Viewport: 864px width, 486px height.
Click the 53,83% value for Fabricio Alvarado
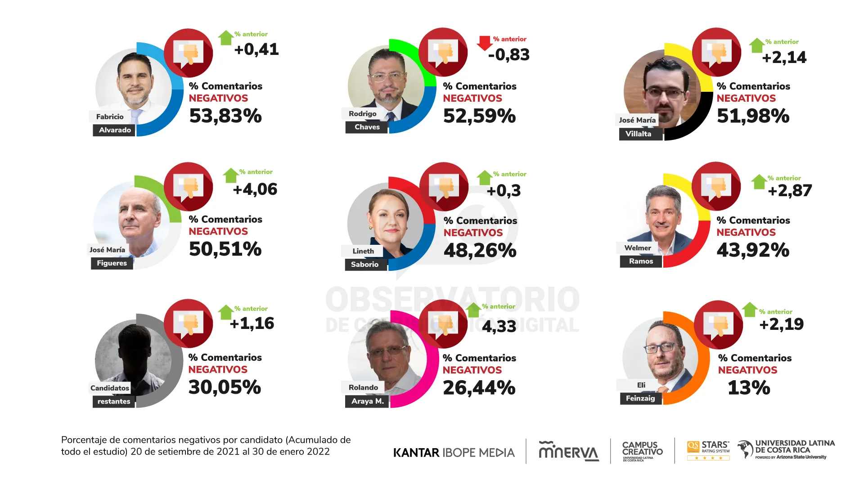[225, 116]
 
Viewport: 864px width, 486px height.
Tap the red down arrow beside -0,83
[484, 43]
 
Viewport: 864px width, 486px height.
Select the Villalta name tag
[638, 134]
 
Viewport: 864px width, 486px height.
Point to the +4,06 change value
[255, 189]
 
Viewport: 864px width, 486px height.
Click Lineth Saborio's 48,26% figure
[480, 251]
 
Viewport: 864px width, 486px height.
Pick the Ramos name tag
[641, 261]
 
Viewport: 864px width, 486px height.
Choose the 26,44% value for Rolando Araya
[479, 388]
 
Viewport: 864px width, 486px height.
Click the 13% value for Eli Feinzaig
[749, 388]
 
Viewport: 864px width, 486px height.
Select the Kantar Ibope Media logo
[454, 453]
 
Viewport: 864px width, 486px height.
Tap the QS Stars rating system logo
[708, 450]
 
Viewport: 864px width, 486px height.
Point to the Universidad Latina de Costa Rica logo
[786, 450]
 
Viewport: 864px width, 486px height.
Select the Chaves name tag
[367, 127]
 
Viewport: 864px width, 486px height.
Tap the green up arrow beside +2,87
[759, 182]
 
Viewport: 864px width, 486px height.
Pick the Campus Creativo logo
[642, 450]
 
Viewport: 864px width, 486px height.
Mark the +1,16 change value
[252, 324]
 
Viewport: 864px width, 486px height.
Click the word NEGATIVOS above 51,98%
[746, 99]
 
